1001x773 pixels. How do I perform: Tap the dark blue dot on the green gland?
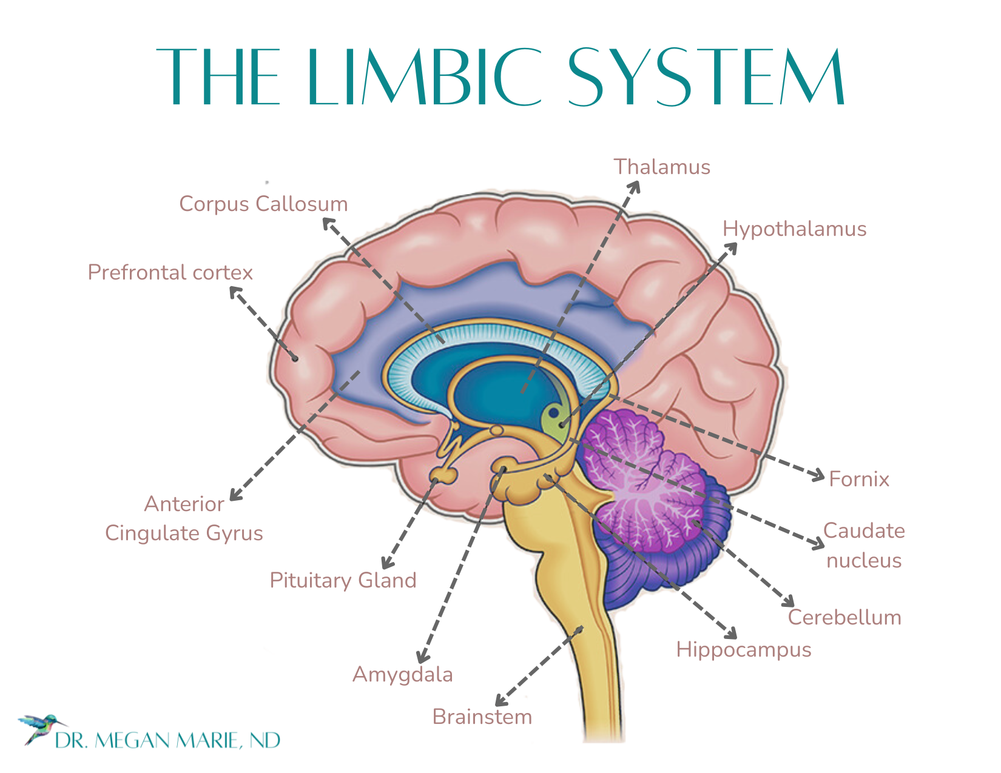tap(553, 413)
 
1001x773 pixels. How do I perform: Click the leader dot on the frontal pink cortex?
tap(295, 358)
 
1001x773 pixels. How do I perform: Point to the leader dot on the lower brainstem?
tap(581, 629)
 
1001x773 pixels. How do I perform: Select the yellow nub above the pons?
tap(502, 467)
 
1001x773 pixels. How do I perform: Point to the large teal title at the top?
tap(500, 82)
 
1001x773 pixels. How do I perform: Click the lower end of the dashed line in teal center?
tap(523, 393)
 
